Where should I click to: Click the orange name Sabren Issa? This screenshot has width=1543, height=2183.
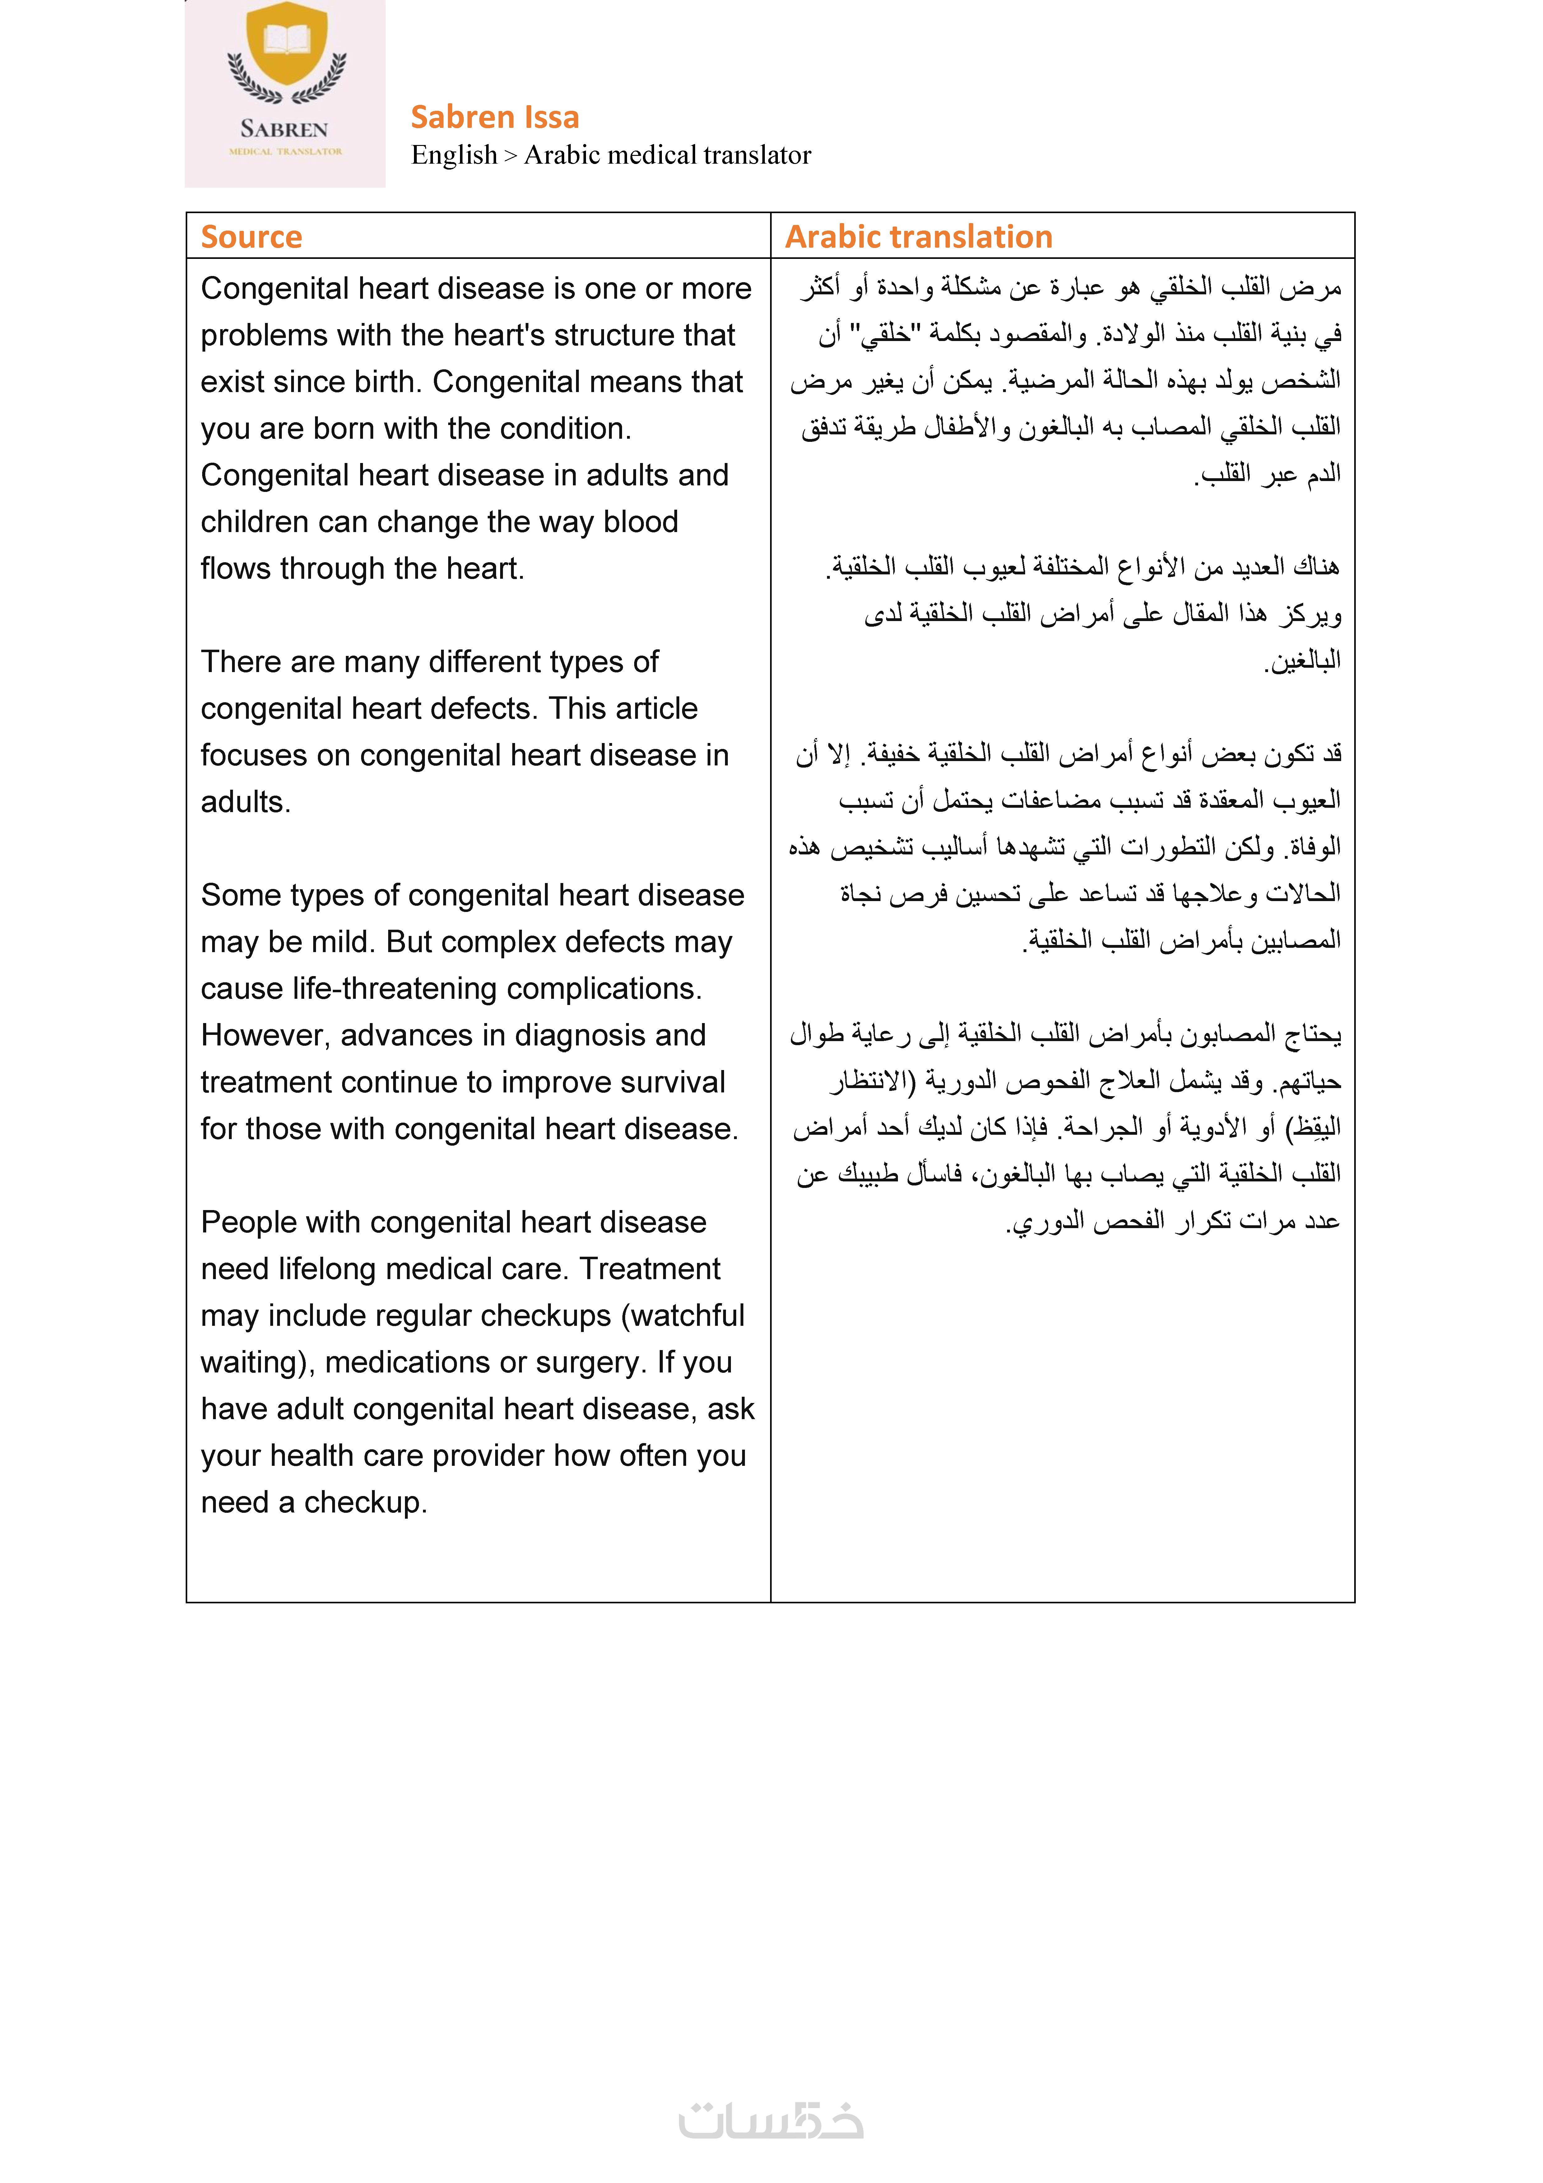(494, 117)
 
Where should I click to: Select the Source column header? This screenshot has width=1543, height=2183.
(251, 237)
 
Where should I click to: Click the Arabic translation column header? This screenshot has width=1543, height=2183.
(918, 237)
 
